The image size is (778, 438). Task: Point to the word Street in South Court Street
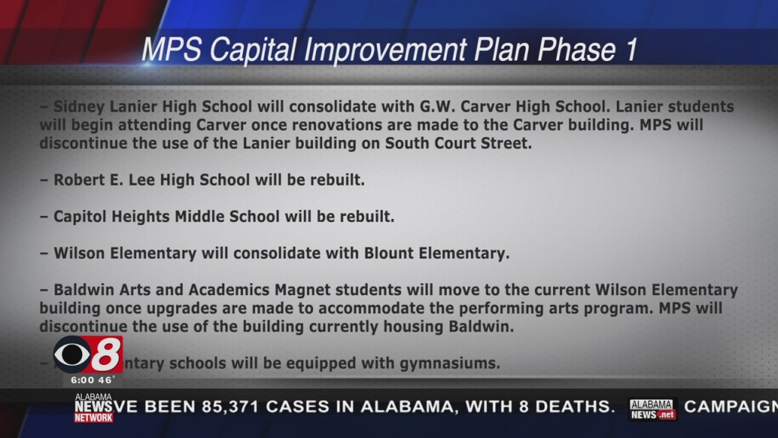point(502,143)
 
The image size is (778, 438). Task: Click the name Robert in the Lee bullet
point(78,180)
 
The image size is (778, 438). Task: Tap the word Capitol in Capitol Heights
point(81,217)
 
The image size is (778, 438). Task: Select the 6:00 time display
point(83,379)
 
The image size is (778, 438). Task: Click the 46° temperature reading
point(106,379)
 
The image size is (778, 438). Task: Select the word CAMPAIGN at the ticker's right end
point(731,407)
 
